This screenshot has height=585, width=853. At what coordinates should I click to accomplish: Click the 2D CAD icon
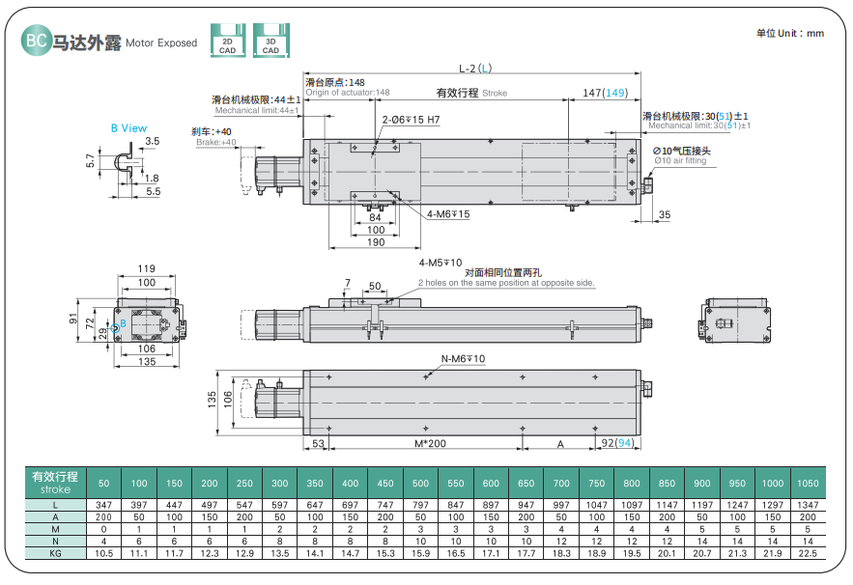(227, 42)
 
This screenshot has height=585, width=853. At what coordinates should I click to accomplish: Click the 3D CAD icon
(270, 42)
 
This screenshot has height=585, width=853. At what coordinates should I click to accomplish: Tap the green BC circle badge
(36, 42)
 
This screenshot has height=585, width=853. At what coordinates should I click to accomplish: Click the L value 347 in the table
(104, 505)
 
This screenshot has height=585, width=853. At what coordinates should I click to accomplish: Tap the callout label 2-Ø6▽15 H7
(411, 120)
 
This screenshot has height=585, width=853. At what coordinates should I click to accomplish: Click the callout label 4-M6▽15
(448, 213)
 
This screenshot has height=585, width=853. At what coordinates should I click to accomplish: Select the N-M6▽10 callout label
(464, 359)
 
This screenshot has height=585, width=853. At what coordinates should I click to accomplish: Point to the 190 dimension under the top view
(376, 241)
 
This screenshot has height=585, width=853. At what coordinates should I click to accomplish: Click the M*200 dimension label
(429, 443)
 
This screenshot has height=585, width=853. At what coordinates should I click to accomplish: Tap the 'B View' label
(128, 127)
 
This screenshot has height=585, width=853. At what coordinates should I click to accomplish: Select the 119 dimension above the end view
(147, 268)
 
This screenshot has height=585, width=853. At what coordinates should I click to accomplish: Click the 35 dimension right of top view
(665, 214)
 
